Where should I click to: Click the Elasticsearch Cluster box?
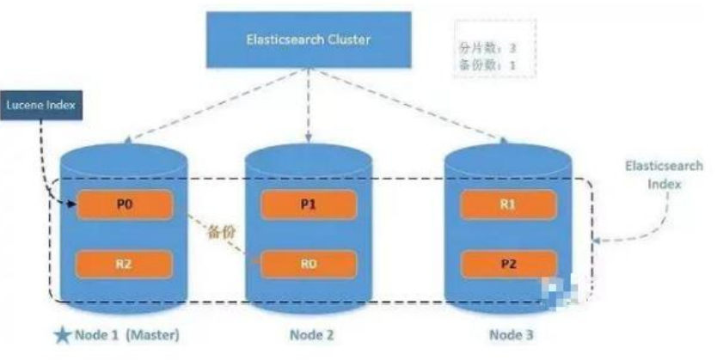(309, 40)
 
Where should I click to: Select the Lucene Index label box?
(42, 106)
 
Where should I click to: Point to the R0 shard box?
(309, 265)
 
